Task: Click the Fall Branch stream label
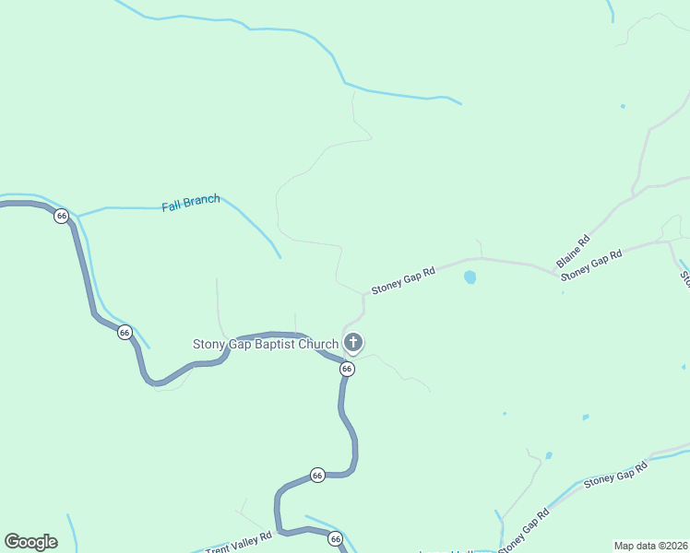191,203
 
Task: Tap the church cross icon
352,344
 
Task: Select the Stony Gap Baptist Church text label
266,345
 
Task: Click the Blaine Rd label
572,250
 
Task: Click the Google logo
30,542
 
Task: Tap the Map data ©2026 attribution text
650,546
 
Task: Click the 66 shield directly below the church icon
347,369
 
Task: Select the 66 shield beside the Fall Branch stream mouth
62,216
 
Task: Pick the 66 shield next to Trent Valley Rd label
335,539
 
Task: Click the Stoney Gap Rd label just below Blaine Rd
592,264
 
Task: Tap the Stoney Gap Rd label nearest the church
403,281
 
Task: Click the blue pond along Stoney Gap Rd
470,276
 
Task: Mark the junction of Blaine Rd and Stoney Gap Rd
558,274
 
